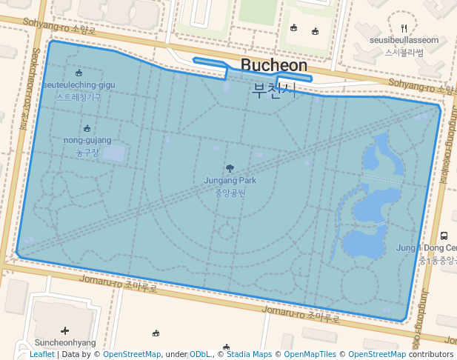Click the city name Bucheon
[x=274, y=65]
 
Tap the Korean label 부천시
[x=274, y=90]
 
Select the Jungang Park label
[x=230, y=180]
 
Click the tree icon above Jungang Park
[x=230, y=168]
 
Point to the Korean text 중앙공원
[x=230, y=193]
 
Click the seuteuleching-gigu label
[x=79, y=85]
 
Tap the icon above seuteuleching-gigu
[x=79, y=73]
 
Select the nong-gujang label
[x=87, y=140]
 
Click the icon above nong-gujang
[x=87, y=128]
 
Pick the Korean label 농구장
[x=87, y=153]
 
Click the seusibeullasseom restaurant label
[x=404, y=41]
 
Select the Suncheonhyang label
[x=64, y=343]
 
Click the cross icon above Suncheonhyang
[x=64, y=330]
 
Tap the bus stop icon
[x=444, y=236]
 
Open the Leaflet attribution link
[x=41, y=355]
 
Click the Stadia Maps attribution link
[x=249, y=355]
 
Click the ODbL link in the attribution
[x=200, y=355]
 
